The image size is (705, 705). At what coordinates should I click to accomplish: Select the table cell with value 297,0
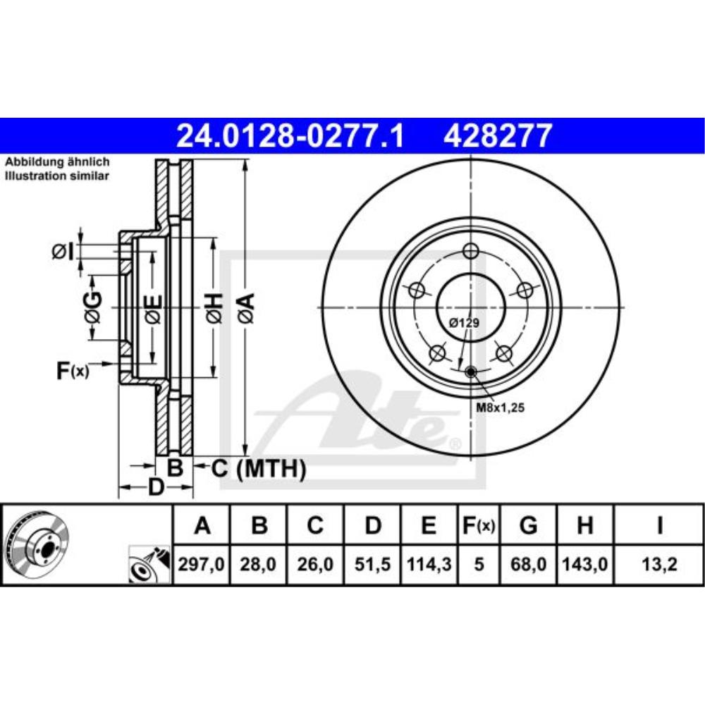[x=202, y=564]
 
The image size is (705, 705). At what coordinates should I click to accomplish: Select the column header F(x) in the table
[x=479, y=525]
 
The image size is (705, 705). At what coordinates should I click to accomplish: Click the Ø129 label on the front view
[x=464, y=322]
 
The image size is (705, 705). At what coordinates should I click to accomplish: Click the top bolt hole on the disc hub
[x=472, y=250]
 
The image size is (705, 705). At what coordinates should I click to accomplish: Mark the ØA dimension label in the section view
[x=245, y=308]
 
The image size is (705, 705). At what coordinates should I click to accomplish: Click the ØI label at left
[x=63, y=250]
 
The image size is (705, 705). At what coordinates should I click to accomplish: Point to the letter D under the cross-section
[x=156, y=487]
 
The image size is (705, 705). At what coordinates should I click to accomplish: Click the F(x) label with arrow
[x=73, y=369]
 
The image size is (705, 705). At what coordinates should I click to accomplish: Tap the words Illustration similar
[x=57, y=176]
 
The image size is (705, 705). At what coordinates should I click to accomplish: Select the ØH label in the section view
[x=214, y=308]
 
